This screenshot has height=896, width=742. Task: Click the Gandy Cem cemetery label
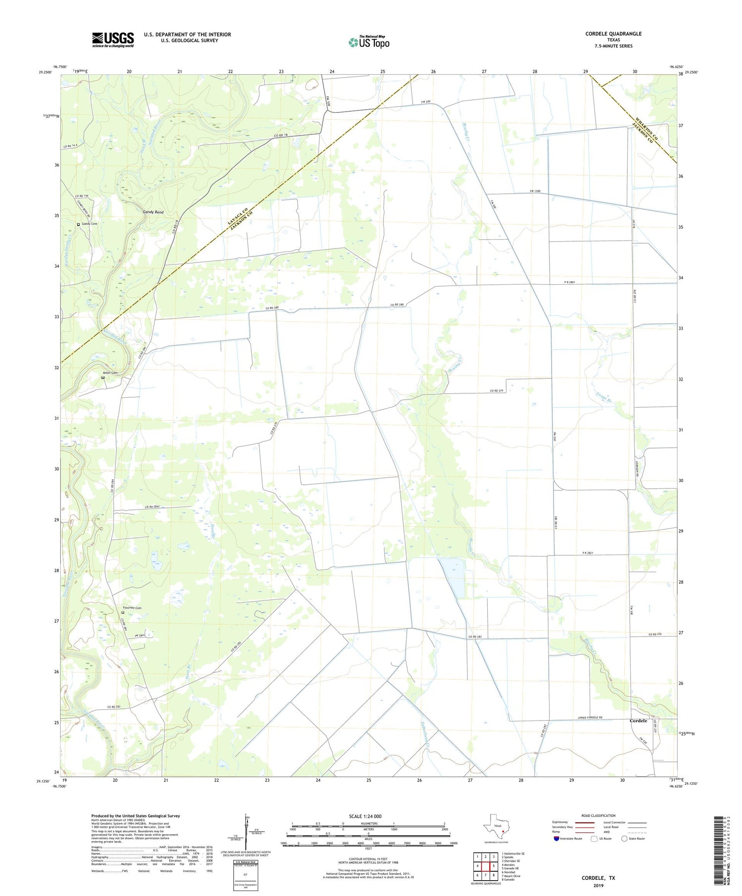coord(90,224)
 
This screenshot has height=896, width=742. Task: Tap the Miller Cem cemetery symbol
coord(102,378)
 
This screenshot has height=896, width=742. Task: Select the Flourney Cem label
coord(132,607)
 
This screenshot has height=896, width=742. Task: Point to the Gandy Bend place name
coord(153,212)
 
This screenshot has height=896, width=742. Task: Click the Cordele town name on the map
coord(638,721)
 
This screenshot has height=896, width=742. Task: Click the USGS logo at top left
coord(113,40)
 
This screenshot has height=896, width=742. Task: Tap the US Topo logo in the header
coord(369,43)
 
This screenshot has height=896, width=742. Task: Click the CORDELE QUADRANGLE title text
coord(613,34)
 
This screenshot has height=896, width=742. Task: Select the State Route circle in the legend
coord(624,839)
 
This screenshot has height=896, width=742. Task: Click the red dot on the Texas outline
coord(503,832)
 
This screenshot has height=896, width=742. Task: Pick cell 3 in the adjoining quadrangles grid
coord(493,856)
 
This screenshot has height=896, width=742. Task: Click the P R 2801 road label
coord(556,282)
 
